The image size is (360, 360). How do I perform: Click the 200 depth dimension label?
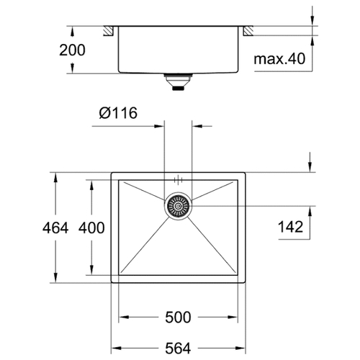[x=72, y=50]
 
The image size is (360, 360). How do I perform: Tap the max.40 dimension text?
[x=279, y=59]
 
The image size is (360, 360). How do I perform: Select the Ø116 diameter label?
[x=118, y=113]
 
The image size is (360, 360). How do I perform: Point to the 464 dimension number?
[x=55, y=228]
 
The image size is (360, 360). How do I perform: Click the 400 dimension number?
[x=91, y=228]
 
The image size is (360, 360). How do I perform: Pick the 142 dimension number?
[x=290, y=227]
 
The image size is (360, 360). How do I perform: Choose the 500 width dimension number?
[x=178, y=318]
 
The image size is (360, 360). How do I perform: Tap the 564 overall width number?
[x=178, y=348]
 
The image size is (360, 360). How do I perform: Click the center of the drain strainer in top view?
[x=178, y=206]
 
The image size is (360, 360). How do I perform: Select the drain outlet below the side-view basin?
[x=178, y=82]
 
